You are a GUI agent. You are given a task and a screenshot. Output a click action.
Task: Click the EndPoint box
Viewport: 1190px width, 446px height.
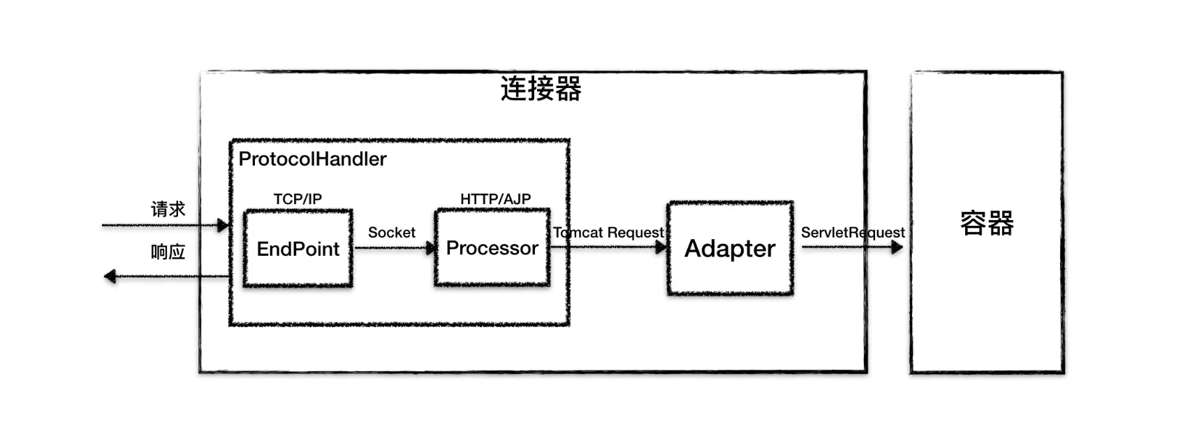[297, 248]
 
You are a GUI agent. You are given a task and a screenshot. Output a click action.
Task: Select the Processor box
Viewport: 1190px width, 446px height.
[492, 248]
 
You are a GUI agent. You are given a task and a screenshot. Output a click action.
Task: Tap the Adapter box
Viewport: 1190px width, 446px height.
[730, 248]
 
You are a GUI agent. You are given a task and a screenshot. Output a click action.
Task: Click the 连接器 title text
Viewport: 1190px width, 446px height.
[541, 89]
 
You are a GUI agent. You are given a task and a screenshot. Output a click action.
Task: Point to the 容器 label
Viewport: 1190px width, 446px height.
[986, 224]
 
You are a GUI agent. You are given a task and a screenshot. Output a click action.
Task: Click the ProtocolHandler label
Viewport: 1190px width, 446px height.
[312, 159]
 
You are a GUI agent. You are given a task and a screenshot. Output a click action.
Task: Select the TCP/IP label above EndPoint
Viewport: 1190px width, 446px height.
[297, 199]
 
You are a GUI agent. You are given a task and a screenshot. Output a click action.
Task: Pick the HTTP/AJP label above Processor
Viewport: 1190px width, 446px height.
[495, 199]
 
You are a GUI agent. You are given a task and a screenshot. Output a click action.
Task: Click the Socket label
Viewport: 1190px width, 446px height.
[391, 232]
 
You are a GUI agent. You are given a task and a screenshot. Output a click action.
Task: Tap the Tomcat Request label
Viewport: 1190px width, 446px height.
[608, 232]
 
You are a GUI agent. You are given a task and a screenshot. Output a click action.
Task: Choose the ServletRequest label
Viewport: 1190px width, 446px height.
[852, 232]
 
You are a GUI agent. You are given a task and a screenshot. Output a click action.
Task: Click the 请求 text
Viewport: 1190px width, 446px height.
[168, 209]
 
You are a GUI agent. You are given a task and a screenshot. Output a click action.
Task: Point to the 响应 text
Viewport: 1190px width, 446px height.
[168, 252]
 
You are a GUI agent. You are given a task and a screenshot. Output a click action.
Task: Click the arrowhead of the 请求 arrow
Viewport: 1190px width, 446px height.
[223, 225]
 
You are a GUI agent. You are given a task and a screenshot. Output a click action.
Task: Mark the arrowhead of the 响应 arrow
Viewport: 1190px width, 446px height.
[110, 277]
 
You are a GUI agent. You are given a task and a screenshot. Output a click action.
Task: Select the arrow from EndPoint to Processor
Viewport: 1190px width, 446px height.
[395, 247]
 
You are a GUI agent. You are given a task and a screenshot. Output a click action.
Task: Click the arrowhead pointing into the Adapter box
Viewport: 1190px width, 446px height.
[661, 247]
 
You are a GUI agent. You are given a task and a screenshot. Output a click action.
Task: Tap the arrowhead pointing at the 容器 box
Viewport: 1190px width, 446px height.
[897, 247]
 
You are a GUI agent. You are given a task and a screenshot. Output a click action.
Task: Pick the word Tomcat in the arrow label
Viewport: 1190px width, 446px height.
[578, 232]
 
